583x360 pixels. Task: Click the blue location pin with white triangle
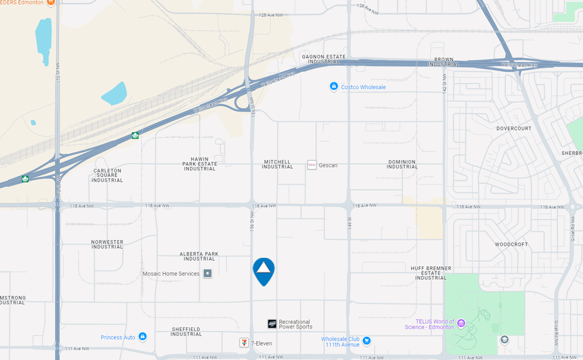(263, 270)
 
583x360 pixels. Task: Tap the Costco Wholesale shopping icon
(334, 87)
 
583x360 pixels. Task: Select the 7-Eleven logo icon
(244, 343)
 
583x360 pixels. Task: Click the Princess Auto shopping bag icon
(143, 337)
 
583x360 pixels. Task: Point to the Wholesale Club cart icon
(367, 340)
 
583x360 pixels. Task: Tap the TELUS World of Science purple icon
(461, 324)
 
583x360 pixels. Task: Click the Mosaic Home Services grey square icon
(207, 274)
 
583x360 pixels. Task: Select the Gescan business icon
(312, 165)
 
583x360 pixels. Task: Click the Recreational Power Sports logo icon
(272, 324)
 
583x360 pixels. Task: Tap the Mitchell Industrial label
(278, 165)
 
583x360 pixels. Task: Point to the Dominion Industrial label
(402, 165)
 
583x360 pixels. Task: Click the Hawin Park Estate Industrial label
(200, 164)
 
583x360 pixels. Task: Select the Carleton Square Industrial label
(108, 175)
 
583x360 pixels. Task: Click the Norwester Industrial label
(107, 244)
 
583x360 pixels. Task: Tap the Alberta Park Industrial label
(199, 256)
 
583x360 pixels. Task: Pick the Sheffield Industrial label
(186, 331)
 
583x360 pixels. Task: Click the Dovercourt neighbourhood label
(514, 128)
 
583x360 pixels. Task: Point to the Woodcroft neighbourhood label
(511, 244)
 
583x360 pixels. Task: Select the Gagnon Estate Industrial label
(324, 59)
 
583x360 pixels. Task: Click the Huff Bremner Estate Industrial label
(431, 273)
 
